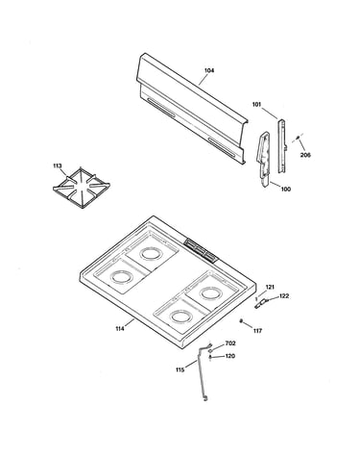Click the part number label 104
click(209, 70)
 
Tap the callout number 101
click(256, 105)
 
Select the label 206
click(305, 155)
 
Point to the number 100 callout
click(286, 190)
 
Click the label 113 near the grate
click(58, 165)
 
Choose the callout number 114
click(120, 328)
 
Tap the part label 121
click(270, 288)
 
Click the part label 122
click(284, 296)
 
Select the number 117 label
click(257, 331)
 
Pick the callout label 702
click(230, 343)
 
